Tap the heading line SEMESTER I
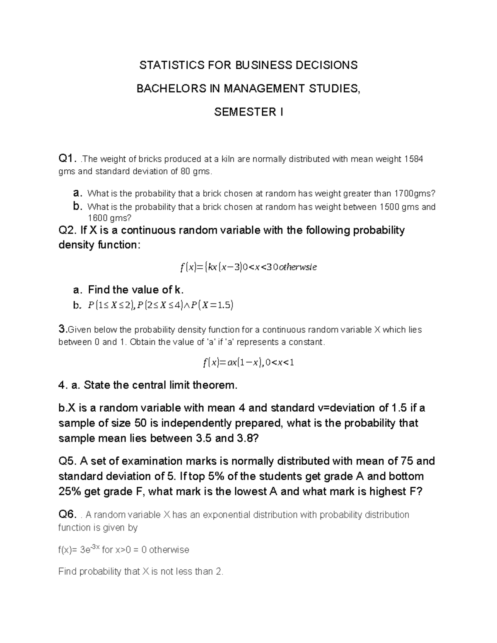coord(248,112)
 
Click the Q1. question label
coord(68,159)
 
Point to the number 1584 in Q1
coord(413,159)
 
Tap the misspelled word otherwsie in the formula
coord(298,267)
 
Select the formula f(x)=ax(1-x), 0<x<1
coord(248,363)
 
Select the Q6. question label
coord(68,515)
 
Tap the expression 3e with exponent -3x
coord(90,549)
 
